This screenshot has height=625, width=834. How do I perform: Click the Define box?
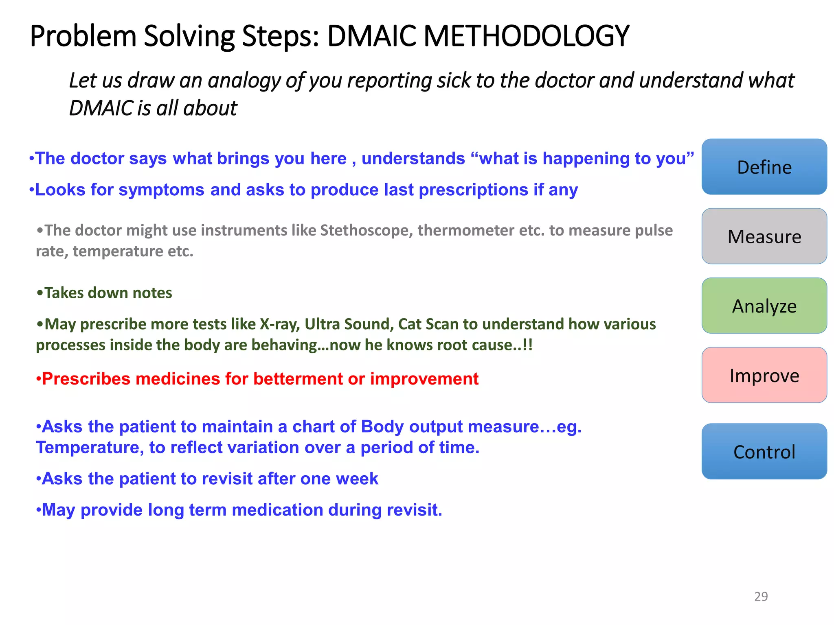coord(764,167)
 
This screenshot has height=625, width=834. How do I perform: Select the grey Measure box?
coord(764,236)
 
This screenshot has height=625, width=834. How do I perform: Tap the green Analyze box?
coord(764,306)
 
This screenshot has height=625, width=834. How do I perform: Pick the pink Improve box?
coord(764,375)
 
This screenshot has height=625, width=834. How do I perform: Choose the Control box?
coord(764,452)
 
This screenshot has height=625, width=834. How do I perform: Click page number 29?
coord(761,596)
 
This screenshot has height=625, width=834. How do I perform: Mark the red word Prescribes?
coord(86,379)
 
